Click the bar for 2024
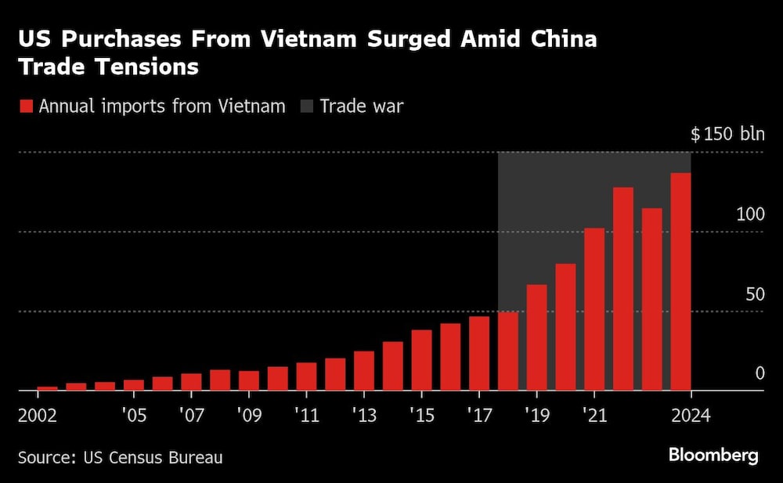[x=680, y=282]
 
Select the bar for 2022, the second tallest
[x=623, y=289]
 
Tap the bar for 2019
[x=536, y=337]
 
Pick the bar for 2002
[x=48, y=388]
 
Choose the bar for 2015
[x=421, y=360]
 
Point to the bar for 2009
[x=249, y=380]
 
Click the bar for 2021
[x=594, y=309]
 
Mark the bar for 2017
[x=479, y=353]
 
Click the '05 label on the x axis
[x=134, y=414]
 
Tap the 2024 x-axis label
[x=690, y=414]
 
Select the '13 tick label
[x=364, y=414]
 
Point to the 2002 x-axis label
[x=38, y=414]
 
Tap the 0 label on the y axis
[x=759, y=373]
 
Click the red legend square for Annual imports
[x=26, y=106]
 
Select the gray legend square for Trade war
[x=306, y=106]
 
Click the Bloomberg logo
[x=713, y=455]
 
